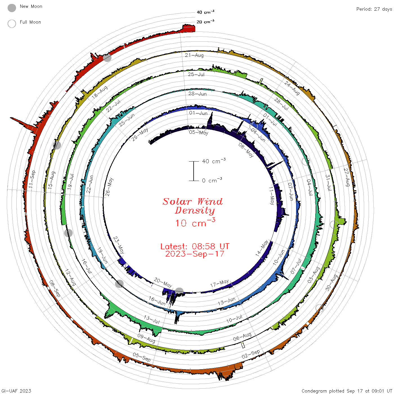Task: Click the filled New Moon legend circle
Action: [12, 8]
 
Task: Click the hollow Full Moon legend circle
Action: [12, 24]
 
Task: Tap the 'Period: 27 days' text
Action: [374, 9]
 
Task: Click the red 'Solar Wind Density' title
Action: [192, 206]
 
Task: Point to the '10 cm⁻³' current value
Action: [195, 222]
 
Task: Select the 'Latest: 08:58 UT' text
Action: [195, 246]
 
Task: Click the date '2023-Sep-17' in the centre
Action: [195, 254]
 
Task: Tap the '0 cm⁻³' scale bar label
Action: [212, 180]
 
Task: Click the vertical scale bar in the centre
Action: [194, 171]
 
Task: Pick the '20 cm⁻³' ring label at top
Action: [205, 21]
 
